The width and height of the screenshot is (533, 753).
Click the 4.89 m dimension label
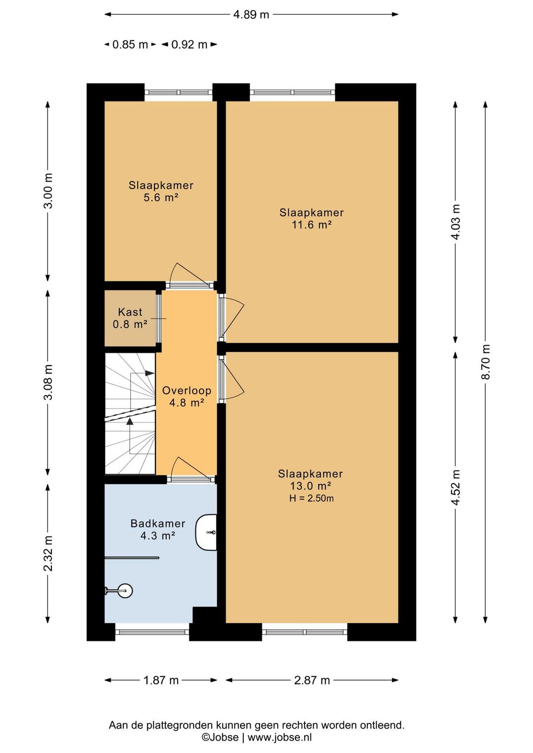tap(251, 14)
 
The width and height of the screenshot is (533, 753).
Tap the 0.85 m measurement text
tap(130, 44)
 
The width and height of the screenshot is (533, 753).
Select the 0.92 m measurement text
tap(190, 44)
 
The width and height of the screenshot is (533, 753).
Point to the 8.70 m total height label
tap(485, 362)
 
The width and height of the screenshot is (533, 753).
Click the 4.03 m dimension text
tap(456, 222)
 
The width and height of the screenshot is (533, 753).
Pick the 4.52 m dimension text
tap(456, 487)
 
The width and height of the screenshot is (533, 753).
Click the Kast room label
tap(130, 312)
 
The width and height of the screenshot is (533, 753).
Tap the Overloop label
tap(187, 390)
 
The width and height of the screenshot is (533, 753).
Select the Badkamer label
tap(158, 524)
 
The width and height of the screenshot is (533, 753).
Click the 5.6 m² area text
tap(161, 197)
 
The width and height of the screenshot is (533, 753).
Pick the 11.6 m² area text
tap(312, 225)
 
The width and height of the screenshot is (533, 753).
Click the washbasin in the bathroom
tap(206, 532)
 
